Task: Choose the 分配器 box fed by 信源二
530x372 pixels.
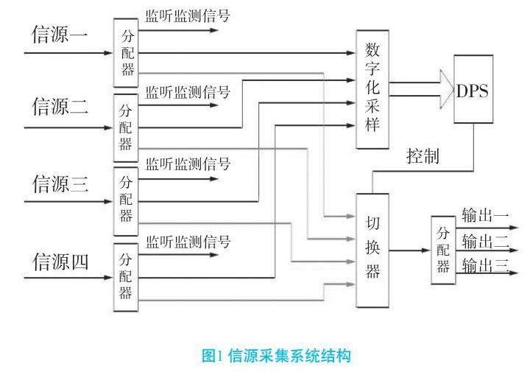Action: click(125, 127)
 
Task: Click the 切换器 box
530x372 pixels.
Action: click(372, 250)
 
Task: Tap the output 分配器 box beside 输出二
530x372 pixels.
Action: click(442, 250)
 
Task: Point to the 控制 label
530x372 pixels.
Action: click(424, 156)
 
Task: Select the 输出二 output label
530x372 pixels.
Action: click(484, 241)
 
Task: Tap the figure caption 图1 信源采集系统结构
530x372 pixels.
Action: click(266, 357)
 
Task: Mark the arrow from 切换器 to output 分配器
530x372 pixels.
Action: click(409, 250)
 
